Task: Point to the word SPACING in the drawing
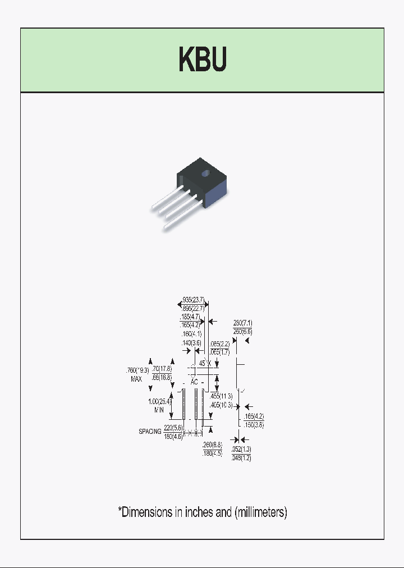(150, 432)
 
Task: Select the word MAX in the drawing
(136, 379)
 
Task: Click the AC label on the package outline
(194, 382)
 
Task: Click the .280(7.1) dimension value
(242, 323)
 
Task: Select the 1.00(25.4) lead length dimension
(159, 401)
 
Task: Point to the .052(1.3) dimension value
(241, 450)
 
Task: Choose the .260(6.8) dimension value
(213, 445)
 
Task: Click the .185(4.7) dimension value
(190, 317)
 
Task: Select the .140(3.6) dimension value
(190, 342)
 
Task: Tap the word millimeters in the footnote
(261, 512)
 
